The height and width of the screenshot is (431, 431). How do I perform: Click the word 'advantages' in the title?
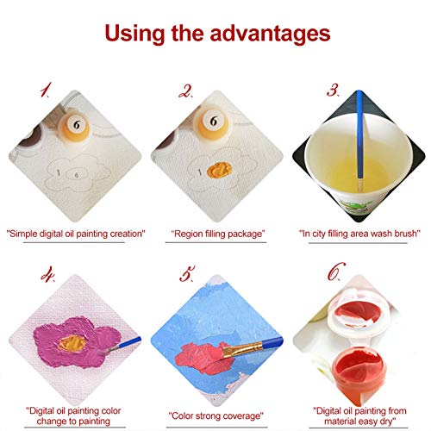[x=270, y=34]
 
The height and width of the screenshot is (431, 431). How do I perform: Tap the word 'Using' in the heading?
[x=134, y=34]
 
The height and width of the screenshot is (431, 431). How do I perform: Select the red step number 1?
[x=46, y=90]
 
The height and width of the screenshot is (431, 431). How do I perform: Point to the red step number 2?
[x=185, y=91]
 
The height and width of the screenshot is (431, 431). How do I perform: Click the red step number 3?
[x=334, y=90]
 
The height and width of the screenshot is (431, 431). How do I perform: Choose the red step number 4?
[x=47, y=274]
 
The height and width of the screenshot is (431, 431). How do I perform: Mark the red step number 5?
[x=187, y=273]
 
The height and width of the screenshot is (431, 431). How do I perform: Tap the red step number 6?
[x=336, y=271]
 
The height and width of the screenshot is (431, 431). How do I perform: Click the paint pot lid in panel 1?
[x=76, y=125]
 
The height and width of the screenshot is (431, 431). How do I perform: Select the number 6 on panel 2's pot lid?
[x=213, y=122]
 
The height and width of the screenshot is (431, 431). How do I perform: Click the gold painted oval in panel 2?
[x=220, y=170]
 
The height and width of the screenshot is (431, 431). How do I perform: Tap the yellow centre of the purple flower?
[x=72, y=343]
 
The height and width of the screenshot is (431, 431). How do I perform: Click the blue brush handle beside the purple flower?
[x=128, y=343]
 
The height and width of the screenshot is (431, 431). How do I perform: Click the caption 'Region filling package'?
[x=218, y=234]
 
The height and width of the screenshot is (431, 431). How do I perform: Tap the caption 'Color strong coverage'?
[x=215, y=415]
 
